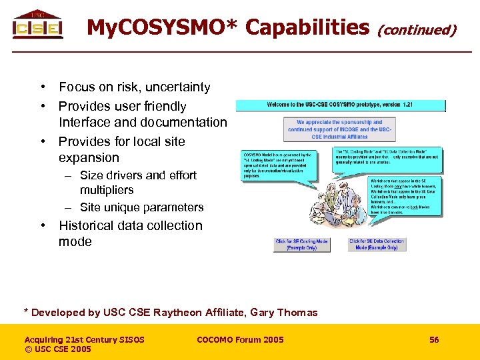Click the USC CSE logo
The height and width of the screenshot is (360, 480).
(37, 25)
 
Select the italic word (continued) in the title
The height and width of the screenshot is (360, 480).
(417, 29)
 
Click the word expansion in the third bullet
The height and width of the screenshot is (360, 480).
(89, 158)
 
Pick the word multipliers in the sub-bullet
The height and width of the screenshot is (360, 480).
(107, 190)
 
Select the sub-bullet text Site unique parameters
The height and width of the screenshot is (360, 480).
(141, 207)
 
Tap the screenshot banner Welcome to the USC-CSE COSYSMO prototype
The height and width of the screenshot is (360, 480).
(340, 105)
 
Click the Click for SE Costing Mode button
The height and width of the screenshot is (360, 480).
(302, 244)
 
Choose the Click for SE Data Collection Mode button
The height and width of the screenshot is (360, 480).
(377, 244)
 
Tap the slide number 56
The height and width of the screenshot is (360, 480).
(434, 340)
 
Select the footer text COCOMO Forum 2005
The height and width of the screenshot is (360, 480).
(240, 340)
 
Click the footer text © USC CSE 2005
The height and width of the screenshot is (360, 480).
(58, 349)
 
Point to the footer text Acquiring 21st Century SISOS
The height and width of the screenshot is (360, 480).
(84, 340)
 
